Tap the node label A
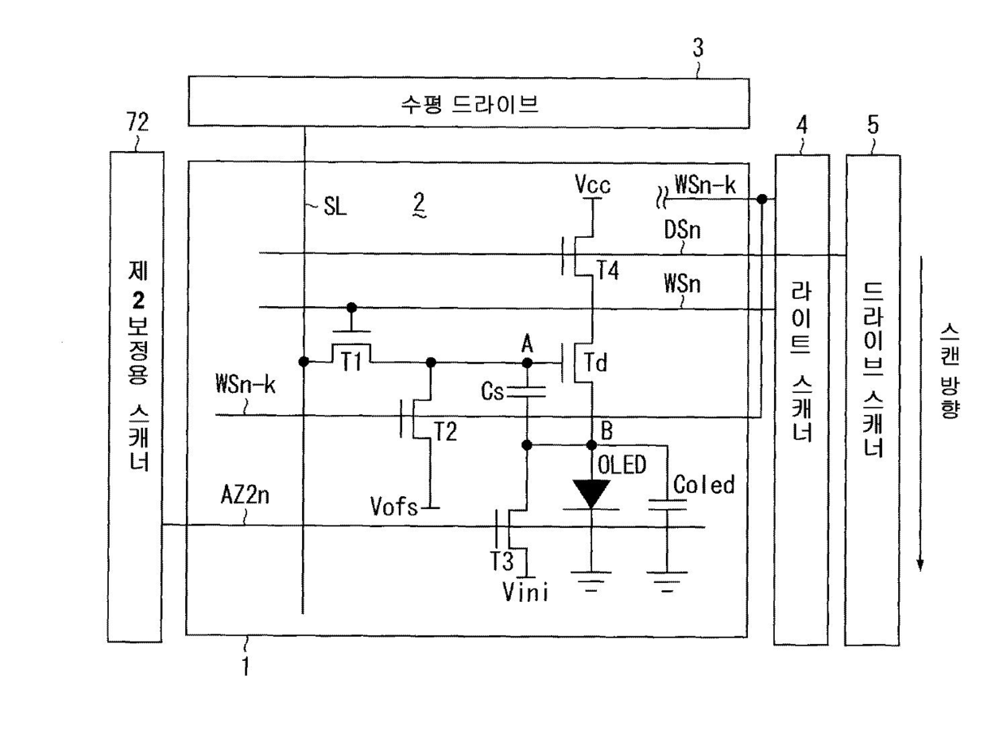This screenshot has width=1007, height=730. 527,345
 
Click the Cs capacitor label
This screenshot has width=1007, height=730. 493,394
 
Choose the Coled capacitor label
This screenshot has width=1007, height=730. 703,485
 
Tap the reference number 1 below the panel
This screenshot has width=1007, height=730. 244,667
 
